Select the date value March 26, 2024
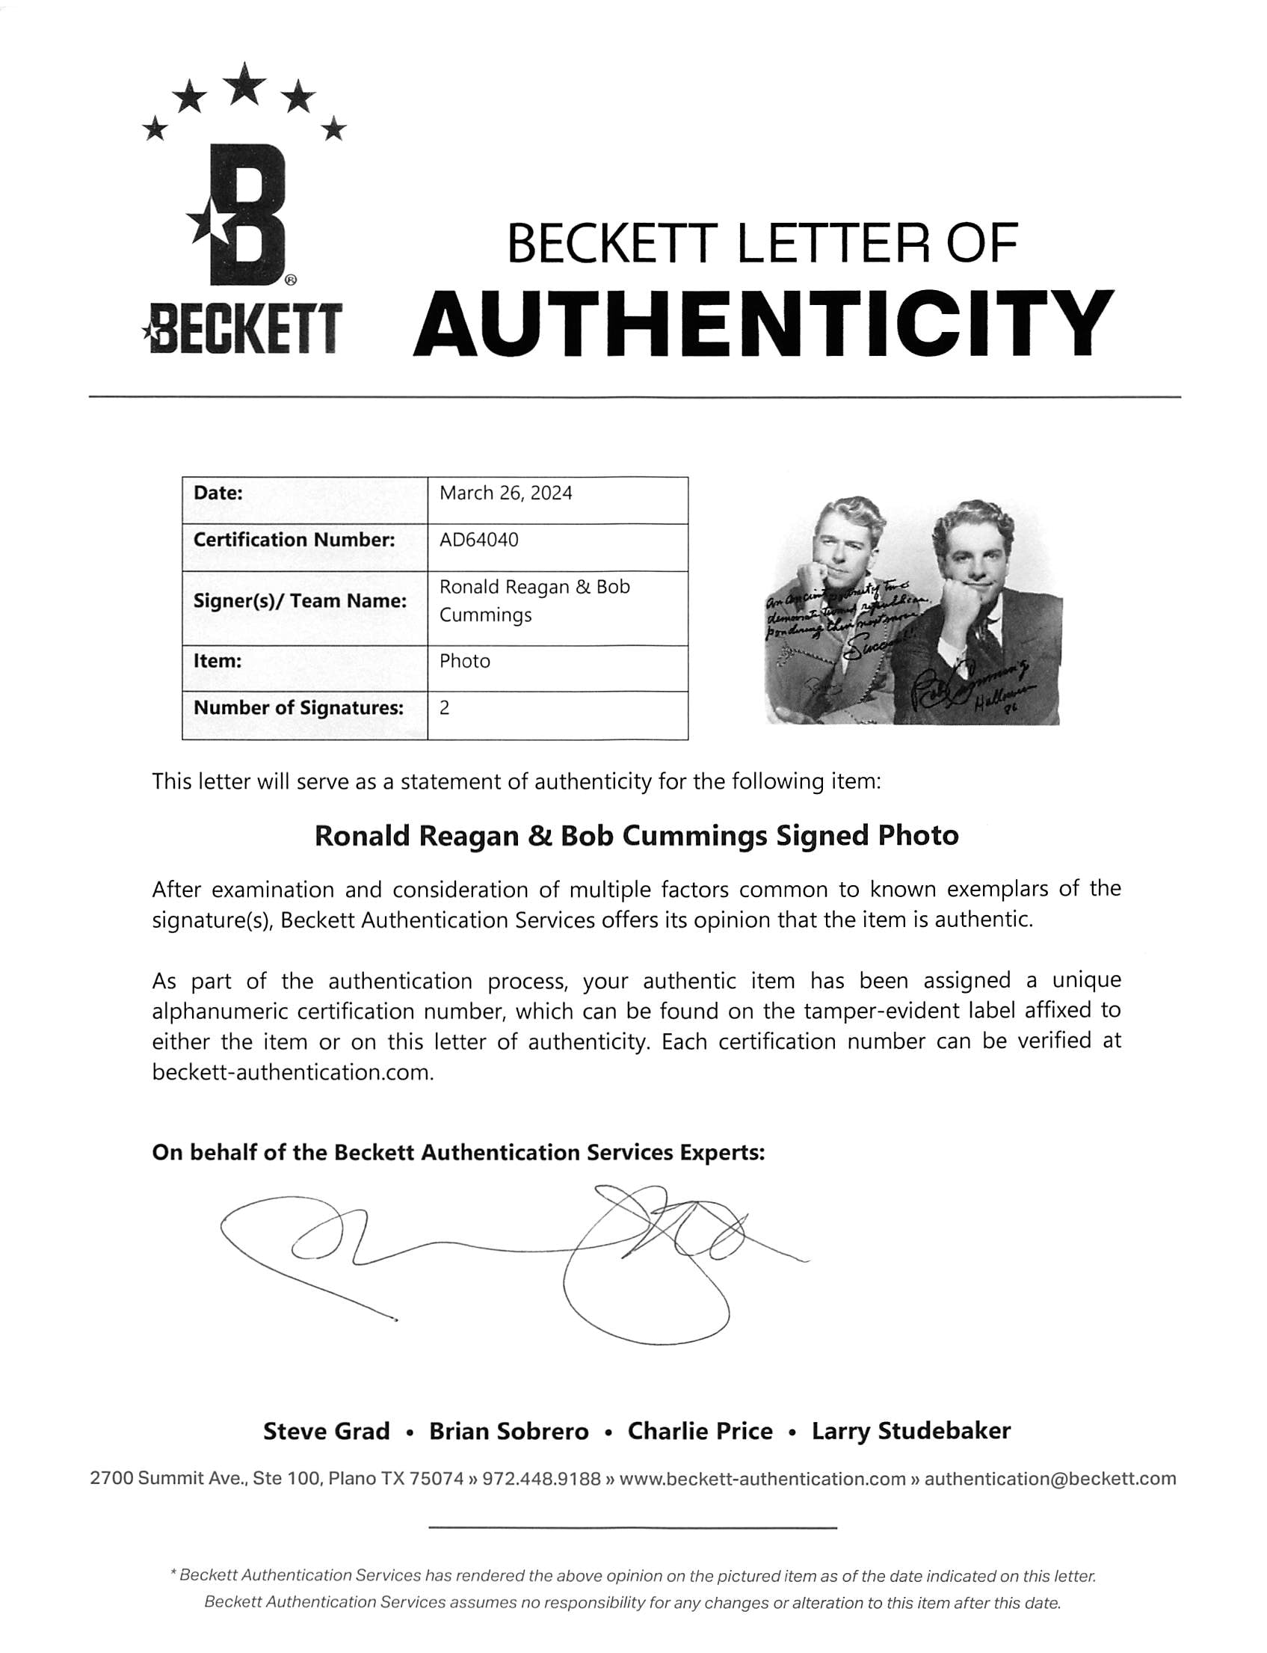(x=505, y=493)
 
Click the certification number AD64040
(x=479, y=540)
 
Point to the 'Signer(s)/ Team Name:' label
(x=300, y=601)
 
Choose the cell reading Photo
(x=465, y=662)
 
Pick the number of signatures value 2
(x=444, y=707)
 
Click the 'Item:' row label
(x=218, y=662)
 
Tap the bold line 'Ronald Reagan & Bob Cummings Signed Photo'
(x=636, y=836)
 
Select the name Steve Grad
(x=326, y=1431)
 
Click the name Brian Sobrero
(x=508, y=1431)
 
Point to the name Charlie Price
(x=700, y=1431)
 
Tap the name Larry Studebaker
(x=910, y=1431)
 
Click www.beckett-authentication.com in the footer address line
(x=762, y=1479)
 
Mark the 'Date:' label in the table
(x=218, y=493)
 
